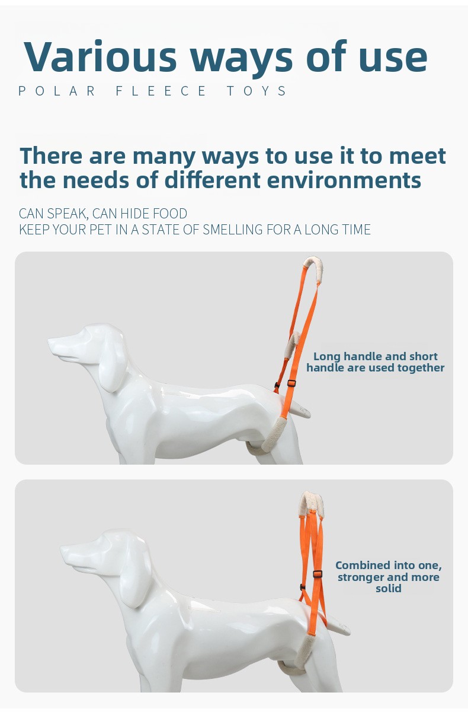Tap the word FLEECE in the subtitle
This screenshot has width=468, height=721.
(161, 91)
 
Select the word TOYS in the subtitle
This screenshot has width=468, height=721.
(257, 91)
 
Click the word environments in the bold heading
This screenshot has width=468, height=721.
(344, 180)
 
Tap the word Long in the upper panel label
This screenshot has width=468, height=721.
(326, 357)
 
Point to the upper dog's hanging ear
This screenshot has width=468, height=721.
(112, 371)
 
